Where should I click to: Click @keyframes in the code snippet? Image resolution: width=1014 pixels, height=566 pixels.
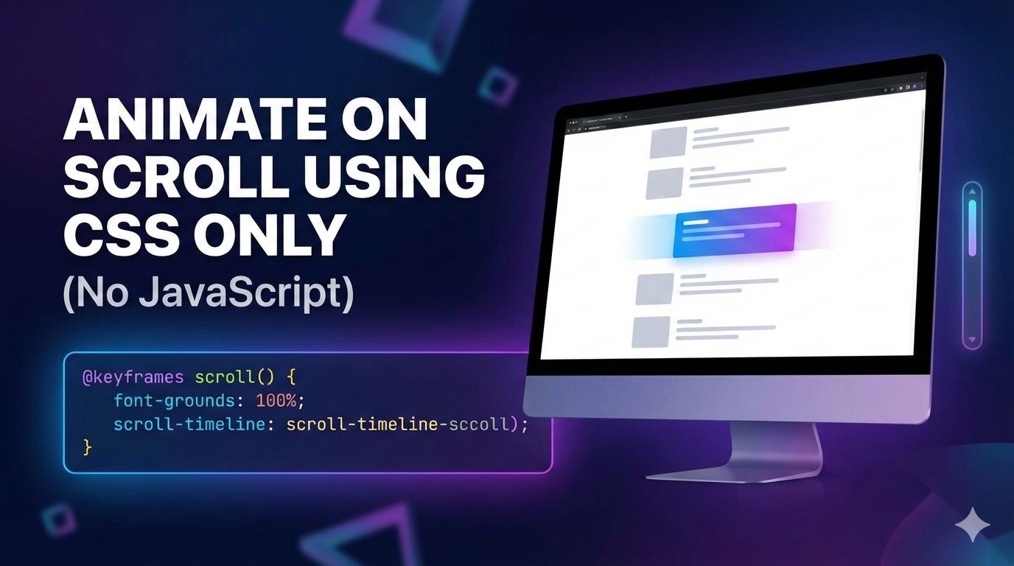click(x=133, y=378)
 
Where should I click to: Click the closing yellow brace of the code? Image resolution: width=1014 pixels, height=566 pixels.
click(x=88, y=447)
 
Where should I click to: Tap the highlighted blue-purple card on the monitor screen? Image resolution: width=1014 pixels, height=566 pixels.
click(x=734, y=229)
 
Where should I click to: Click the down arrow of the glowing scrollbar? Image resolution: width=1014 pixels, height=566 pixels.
click(x=972, y=340)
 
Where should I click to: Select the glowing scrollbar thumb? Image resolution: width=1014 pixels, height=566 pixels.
click(x=972, y=228)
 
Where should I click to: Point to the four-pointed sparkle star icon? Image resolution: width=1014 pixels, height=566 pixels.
click(x=973, y=525)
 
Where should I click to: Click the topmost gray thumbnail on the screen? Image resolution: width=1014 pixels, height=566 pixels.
click(x=668, y=141)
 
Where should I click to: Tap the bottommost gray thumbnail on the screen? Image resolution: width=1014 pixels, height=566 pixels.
click(x=651, y=332)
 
